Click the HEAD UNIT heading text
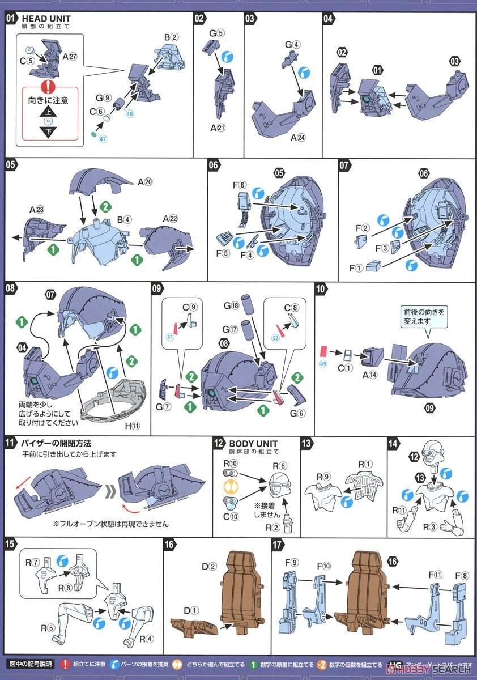coord(46,18)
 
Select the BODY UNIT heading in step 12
coord(254,443)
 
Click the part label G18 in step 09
coord(231,305)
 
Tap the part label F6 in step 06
coord(240,185)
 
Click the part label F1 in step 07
coord(356,267)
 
